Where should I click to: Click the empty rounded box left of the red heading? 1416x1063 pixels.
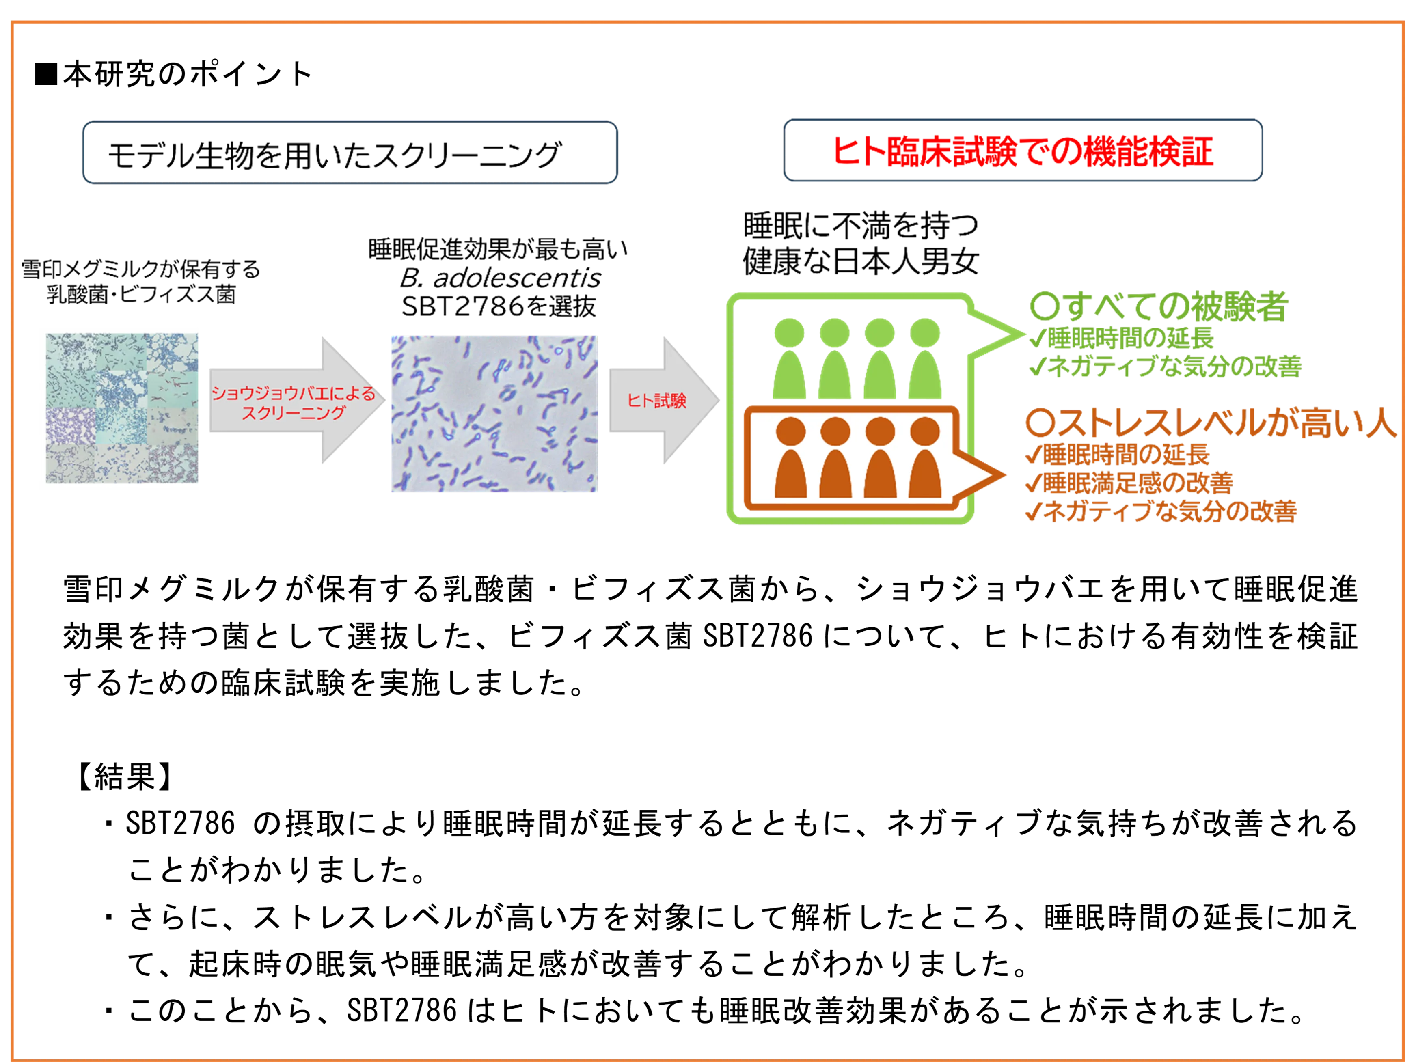pyautogui.click(x=350, y=152)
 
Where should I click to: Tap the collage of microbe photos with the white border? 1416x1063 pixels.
pyautogui.click(x=120, y=407)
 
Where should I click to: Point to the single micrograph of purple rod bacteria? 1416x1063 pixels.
pyautogui.click(x=495, y=414)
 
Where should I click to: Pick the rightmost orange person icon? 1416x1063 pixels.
pyautogui.click(x=925, y=459)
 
